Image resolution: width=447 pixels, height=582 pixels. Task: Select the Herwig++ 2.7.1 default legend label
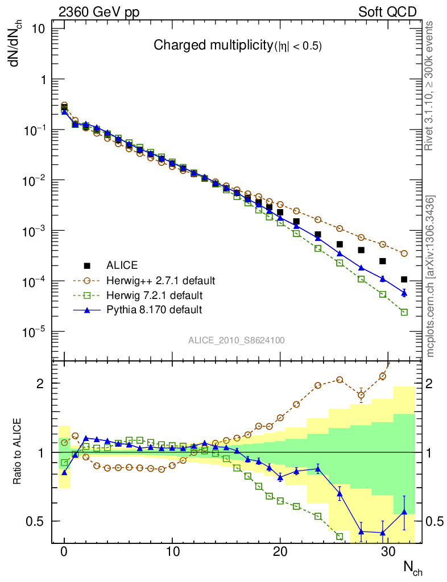click(160, 281)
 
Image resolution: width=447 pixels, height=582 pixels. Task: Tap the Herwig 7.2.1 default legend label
click(154, 296)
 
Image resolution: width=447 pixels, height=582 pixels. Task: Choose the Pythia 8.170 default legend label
click(154, 310)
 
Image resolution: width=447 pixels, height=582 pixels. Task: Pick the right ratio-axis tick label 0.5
click(435, 521)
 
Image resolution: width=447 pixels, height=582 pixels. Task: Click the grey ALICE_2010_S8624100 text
click(237, 340)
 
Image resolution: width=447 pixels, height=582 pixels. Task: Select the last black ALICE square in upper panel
click(404, 280)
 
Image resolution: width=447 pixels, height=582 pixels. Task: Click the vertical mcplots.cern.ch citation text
click(431, 276)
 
